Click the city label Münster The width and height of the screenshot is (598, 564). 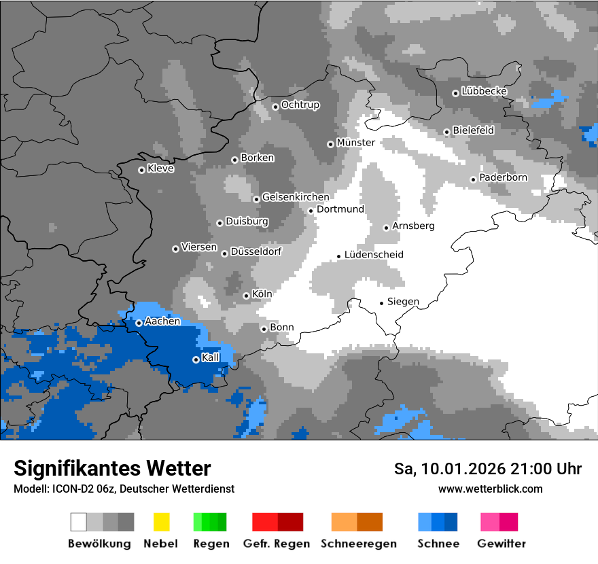click(356, 143)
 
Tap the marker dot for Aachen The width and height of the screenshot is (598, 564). click(139, 323)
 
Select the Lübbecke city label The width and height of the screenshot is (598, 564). click(484, 91)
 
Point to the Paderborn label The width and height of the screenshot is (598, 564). click(503, 178)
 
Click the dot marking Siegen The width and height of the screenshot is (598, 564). click(381, 303)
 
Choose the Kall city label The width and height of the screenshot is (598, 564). click(211, 357)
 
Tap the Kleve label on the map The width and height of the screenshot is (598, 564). click(160, 169)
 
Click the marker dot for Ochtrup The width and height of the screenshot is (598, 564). click(275, 107)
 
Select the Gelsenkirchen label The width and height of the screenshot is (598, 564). click(296, 197)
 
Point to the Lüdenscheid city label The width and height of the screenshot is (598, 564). click(374, 255)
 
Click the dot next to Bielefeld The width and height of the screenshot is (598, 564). click(446, 132)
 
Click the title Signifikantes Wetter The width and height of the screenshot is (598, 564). click(112, 468)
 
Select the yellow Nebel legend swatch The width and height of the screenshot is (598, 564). click(161, 522)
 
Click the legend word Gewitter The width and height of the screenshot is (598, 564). click(502, 544)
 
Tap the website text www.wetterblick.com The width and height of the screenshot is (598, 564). click(490, 489)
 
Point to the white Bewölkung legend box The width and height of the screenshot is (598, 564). click(79, 522)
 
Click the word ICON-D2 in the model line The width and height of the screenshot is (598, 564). click(72, 489)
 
